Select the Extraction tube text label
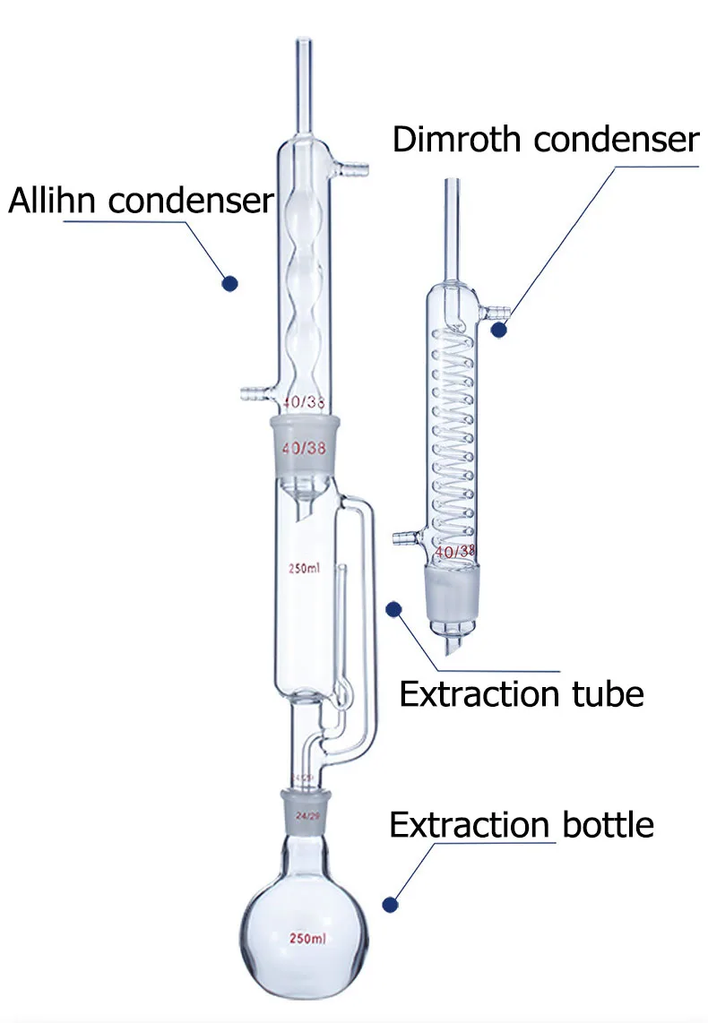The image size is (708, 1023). point(521,694)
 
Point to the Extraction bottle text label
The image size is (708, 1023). point(521,824)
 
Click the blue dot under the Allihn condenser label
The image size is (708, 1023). point(230,283)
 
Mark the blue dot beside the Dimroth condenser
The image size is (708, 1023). point(499,330)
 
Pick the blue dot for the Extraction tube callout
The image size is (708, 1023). point(392,610)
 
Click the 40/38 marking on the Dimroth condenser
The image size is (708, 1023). point(454,553)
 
